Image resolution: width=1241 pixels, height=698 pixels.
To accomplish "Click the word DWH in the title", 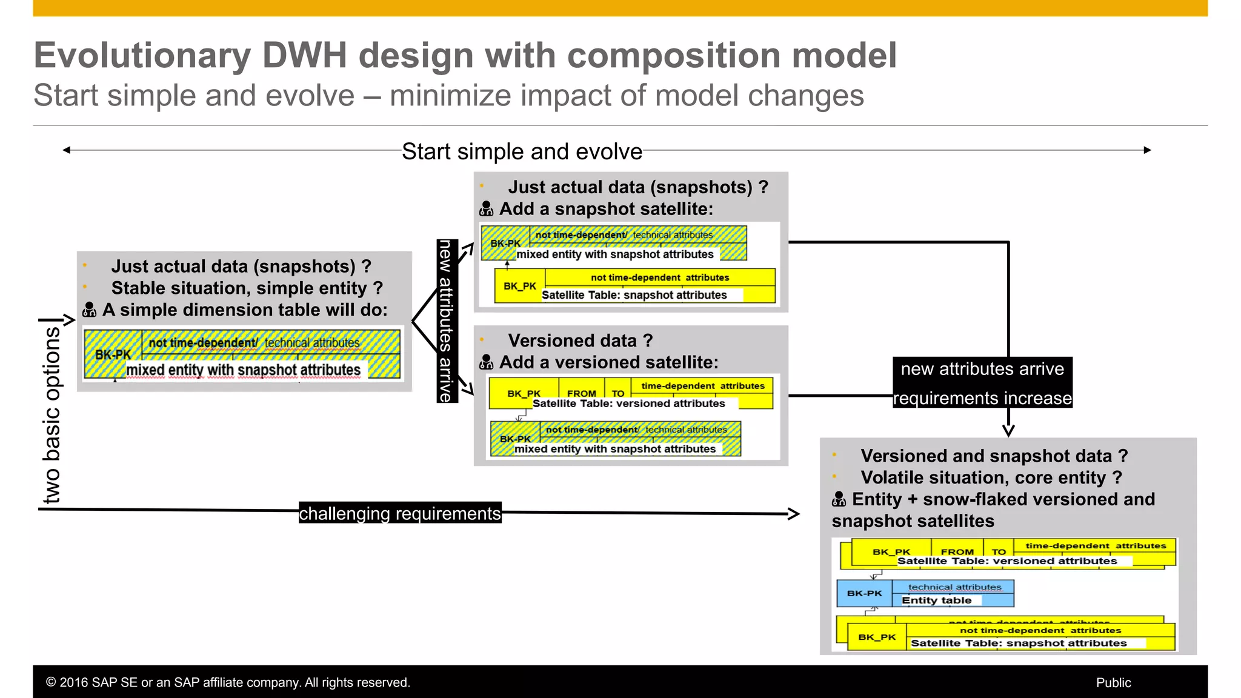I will [304, 55].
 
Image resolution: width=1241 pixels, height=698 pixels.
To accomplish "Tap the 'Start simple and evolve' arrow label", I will [522, 151].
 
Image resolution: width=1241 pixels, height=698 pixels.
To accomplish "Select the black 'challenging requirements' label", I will [400, 513].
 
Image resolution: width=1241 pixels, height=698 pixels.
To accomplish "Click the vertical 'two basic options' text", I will [53, 414].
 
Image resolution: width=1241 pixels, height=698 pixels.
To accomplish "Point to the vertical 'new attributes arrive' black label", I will [447, 321].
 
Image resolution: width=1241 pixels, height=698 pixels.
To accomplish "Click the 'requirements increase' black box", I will [982, 398].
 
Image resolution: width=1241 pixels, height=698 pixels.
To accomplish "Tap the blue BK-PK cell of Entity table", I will [864, 593].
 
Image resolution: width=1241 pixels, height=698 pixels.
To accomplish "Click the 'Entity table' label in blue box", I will [936, 600].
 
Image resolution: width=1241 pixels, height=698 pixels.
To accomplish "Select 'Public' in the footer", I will [1113, 683].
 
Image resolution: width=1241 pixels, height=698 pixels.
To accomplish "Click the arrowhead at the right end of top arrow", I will [1147, 150].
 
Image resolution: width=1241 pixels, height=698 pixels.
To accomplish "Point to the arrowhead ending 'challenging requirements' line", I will [794, 514].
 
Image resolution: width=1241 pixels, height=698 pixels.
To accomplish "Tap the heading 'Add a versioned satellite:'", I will [608, 362].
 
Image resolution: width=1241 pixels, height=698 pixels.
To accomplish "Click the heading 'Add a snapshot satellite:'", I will [606, 209].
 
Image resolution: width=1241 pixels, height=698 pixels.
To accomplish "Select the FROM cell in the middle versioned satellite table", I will [581, 393].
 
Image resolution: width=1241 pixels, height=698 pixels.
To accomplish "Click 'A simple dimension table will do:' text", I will [244, 310].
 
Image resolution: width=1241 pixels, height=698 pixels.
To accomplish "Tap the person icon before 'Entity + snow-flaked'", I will [839, 499].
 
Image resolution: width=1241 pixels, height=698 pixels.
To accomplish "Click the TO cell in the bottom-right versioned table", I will [999, 551].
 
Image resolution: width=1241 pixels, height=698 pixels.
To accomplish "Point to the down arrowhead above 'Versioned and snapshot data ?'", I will [1008, 431].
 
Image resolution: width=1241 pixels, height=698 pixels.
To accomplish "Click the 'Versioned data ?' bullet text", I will [580, 341].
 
